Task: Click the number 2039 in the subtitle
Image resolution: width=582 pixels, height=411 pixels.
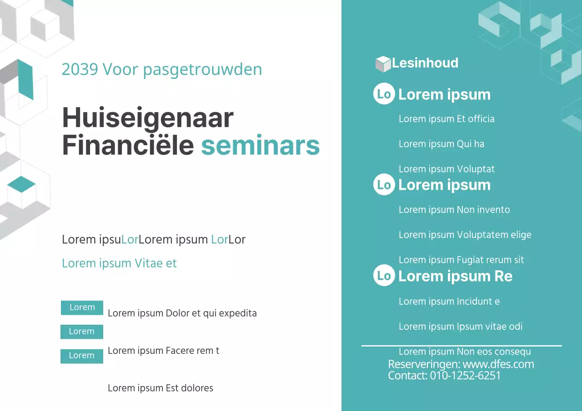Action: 80,69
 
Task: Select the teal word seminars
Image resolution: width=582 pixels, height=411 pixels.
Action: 260,146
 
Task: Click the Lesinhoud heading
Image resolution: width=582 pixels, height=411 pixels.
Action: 425,63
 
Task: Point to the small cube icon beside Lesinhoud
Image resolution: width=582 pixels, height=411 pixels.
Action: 383,64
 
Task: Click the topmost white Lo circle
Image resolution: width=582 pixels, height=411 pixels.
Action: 384,94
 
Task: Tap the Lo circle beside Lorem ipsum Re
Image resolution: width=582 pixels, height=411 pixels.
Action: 384,275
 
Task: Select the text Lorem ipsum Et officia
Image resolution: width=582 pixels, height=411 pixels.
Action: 447,119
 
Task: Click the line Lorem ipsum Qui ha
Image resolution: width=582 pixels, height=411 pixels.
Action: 441,144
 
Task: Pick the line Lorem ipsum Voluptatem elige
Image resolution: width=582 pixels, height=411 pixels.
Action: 465,235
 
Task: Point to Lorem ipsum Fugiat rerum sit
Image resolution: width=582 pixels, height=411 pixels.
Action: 461,260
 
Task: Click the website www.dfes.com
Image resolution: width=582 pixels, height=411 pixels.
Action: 498,364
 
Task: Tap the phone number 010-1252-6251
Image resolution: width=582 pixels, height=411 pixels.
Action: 465,376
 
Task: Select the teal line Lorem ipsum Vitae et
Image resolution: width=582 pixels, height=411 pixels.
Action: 119,263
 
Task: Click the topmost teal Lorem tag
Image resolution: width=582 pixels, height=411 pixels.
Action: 82,307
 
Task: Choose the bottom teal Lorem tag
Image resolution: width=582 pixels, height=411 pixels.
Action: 82,356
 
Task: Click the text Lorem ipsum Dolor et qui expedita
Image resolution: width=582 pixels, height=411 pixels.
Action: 182,313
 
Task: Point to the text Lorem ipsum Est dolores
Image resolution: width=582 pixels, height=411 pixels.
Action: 160,388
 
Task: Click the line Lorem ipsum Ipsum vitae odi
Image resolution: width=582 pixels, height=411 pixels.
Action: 460,327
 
